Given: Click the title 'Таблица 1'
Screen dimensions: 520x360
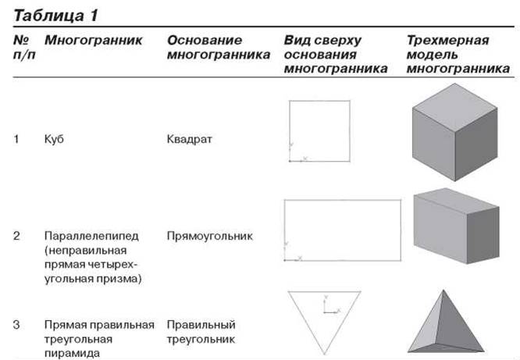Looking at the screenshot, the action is point(55,16).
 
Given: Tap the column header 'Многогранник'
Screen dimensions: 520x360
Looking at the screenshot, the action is point(93,40).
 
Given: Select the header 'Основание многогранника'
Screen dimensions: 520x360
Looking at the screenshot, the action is point(219,48).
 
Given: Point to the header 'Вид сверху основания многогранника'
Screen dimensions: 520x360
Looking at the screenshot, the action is point(336,55).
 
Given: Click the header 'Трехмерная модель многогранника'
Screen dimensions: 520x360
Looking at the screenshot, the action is point(458,55).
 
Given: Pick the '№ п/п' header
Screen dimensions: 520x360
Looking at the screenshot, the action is point(24,47).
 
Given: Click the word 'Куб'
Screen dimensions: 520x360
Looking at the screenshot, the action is point(54,139).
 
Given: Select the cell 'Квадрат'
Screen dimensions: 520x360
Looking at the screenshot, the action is point(190,139).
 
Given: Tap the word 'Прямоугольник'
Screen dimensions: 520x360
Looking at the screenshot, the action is point(209,236).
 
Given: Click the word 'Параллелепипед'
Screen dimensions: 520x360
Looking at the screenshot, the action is point(91,236).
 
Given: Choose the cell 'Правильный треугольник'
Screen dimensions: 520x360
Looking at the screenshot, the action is point(201,332).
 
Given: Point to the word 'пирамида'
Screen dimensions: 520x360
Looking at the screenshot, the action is point(72,353).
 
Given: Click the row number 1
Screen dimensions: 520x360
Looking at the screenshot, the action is point(16,139).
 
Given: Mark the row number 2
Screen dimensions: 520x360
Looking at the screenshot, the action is point(16,236).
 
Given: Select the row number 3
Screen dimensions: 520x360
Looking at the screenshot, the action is point(16,325).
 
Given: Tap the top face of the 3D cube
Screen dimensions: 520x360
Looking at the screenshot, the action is point(454,106).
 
